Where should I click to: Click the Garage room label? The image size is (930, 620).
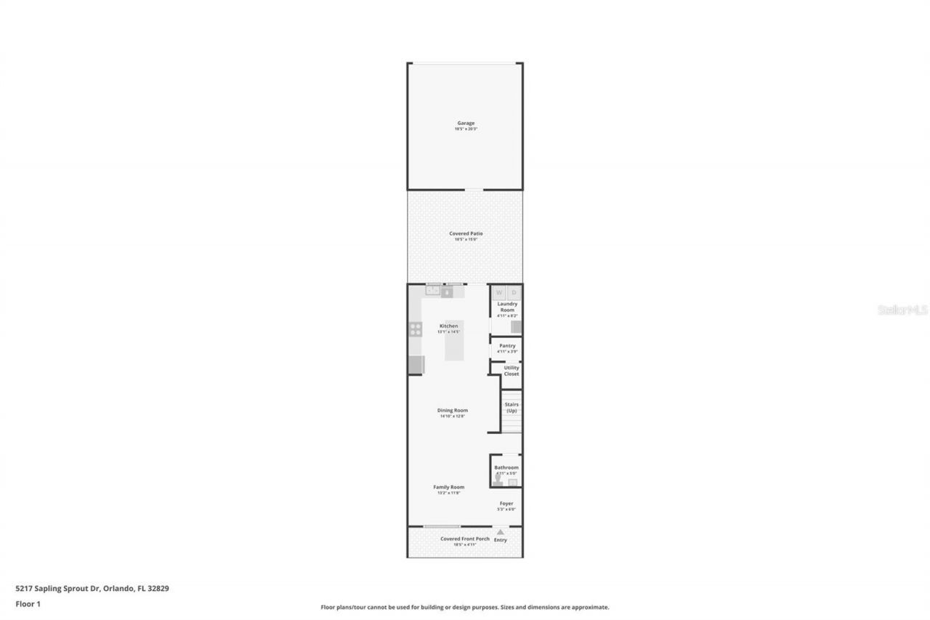pyautogui.click(x=466, y=124)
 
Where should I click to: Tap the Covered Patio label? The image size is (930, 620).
pyautogui.click(x=466, y=233)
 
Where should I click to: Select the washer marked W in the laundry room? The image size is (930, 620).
pyautogui.click(x=499, y=293)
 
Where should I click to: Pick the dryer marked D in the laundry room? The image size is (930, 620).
pyautogui.click(x=514, y=293)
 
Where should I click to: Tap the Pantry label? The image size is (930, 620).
pyautogui.click(x=507, y=345)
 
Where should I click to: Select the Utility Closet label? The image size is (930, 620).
pyautogui.click(x=511, y=371)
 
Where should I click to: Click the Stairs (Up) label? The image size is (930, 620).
pyautogui.click(x=511, y=407)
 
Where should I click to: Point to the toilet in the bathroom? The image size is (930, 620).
pyautogui.click(x=498, y=480)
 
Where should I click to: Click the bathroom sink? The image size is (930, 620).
pyautogui.click(x=513, y=482)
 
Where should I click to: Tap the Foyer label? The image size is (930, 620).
pyautogui.click(x=506, y=503)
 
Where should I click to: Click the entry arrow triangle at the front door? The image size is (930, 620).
pyautogui.click(x=500, y=532)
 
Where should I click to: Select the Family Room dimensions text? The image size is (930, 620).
pyautogui.click(x=448, y=494)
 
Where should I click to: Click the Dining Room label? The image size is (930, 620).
pyautogui.click(x=452, y=410)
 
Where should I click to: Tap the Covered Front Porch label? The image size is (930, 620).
pyautogui.click(x=465, y=539)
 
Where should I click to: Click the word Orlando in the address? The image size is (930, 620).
pyautogui.click(x=118, y=589)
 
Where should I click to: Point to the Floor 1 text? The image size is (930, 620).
pyautogui.click(x=28, y=603)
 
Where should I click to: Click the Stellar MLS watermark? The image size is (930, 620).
pyautogui.click(x=903, y=310)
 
